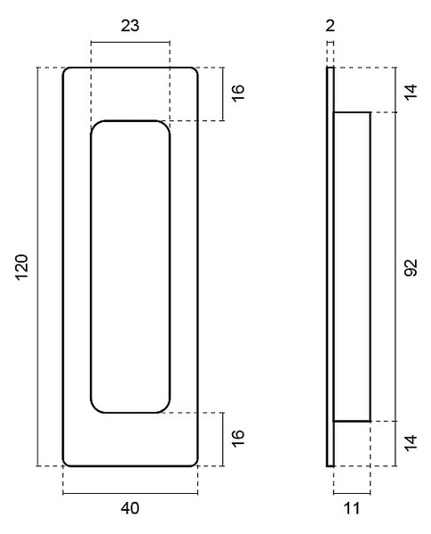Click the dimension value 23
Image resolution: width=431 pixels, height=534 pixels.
pyautogui.click(x=130, y=26)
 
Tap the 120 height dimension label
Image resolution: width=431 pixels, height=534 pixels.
pyautogui.click(x=21, y=267)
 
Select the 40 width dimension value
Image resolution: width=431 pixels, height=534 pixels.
pyautogui.click(x=130, y=508)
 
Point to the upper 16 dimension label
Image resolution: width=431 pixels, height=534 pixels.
pyautogui.click(x=238, y=93)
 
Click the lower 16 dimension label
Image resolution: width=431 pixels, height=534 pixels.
pyautogui.click(x=238, y=438)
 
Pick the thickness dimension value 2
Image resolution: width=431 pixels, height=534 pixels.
pyautogui.click(x=330, y=26)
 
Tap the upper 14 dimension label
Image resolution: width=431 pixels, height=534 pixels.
pyautogui.click(x=411, y=91)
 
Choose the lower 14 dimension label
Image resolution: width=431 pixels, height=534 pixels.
pyautogui.click(x=411, y=442)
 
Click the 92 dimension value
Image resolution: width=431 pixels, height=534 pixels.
pyautogui.click(x=411, y=268)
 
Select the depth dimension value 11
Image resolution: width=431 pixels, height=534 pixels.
pyautogui.click(x=352, y=508)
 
